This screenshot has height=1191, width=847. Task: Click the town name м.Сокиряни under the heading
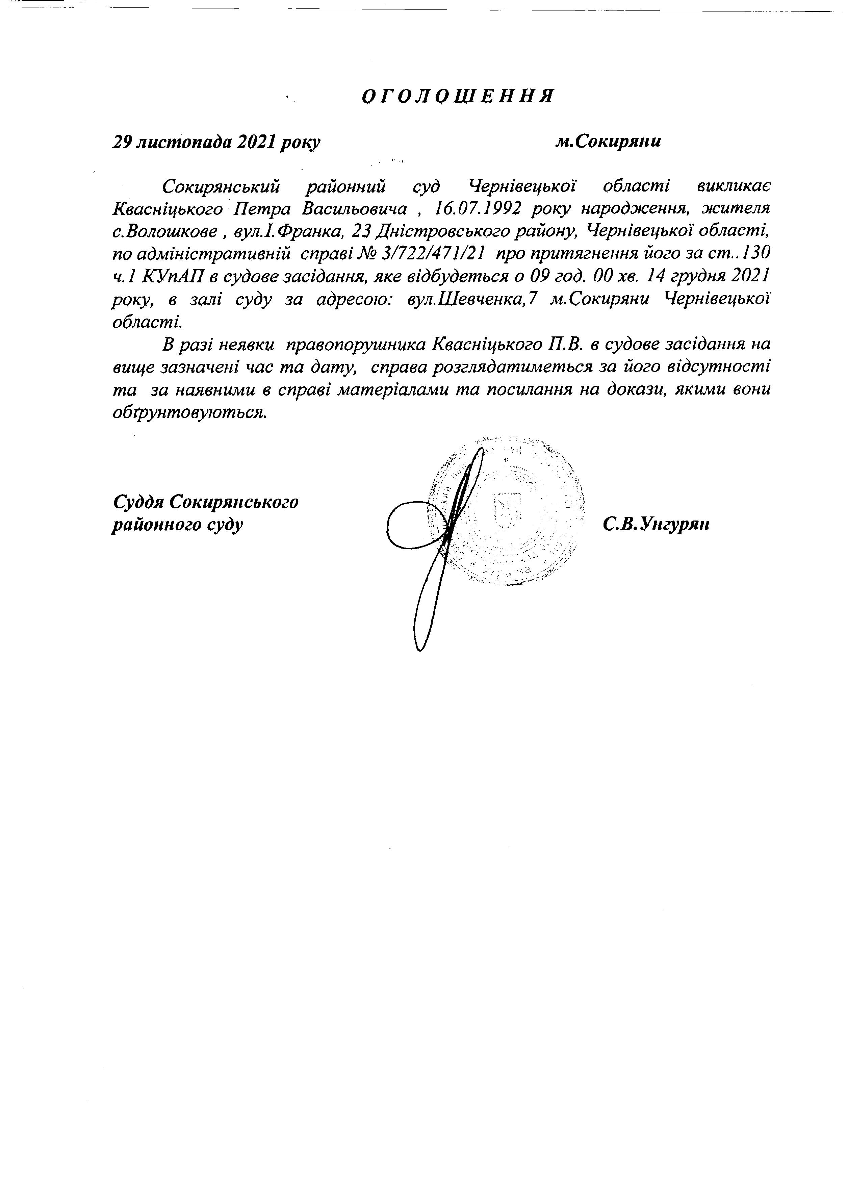coord(608,142)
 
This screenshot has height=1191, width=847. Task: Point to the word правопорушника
coord(356,344)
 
